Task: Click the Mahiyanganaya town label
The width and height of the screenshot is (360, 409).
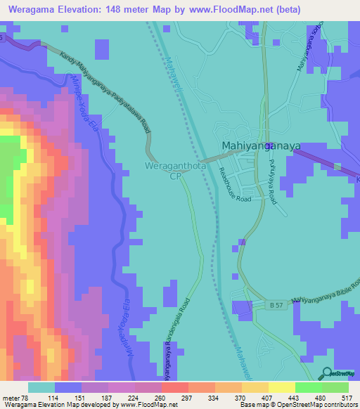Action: [261, 146]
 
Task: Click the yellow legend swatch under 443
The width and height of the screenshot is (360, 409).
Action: [282, 387]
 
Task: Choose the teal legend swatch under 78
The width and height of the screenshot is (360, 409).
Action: [41, 387]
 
